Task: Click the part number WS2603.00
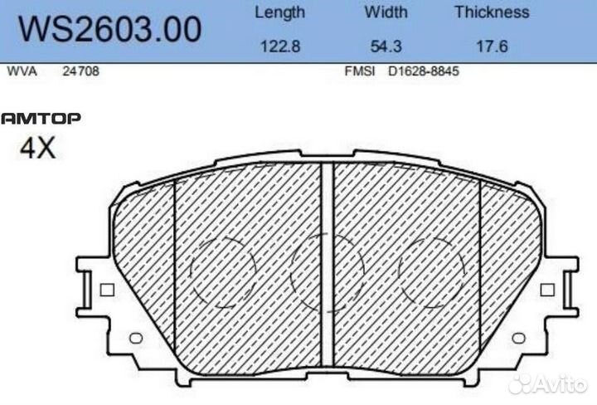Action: click(x=109, y=30)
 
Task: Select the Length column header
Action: click(x=279, y=12)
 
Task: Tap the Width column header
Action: click(x=386, y=12)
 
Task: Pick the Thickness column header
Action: click(x=492, y=12)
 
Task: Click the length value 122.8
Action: click(x=279, y=46)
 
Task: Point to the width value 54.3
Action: click(x=386, y=46)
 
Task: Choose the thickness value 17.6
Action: click(x=492, y=46)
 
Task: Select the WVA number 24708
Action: click(x=81, y=72)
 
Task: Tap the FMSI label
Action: click(x=359, y=72)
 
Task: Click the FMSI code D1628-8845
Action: click(x=424, y=72)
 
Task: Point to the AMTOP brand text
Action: click(x=41, y=119)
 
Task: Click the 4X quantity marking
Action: click(x=37, y=149)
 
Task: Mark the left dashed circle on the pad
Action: click(x=222, y=271)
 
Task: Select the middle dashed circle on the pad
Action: click(x=328, y=271)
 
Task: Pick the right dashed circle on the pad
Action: click(x=433, y=271)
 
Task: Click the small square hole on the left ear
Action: click(x=105, y=290)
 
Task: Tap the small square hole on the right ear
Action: click(x=546, y=290)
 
